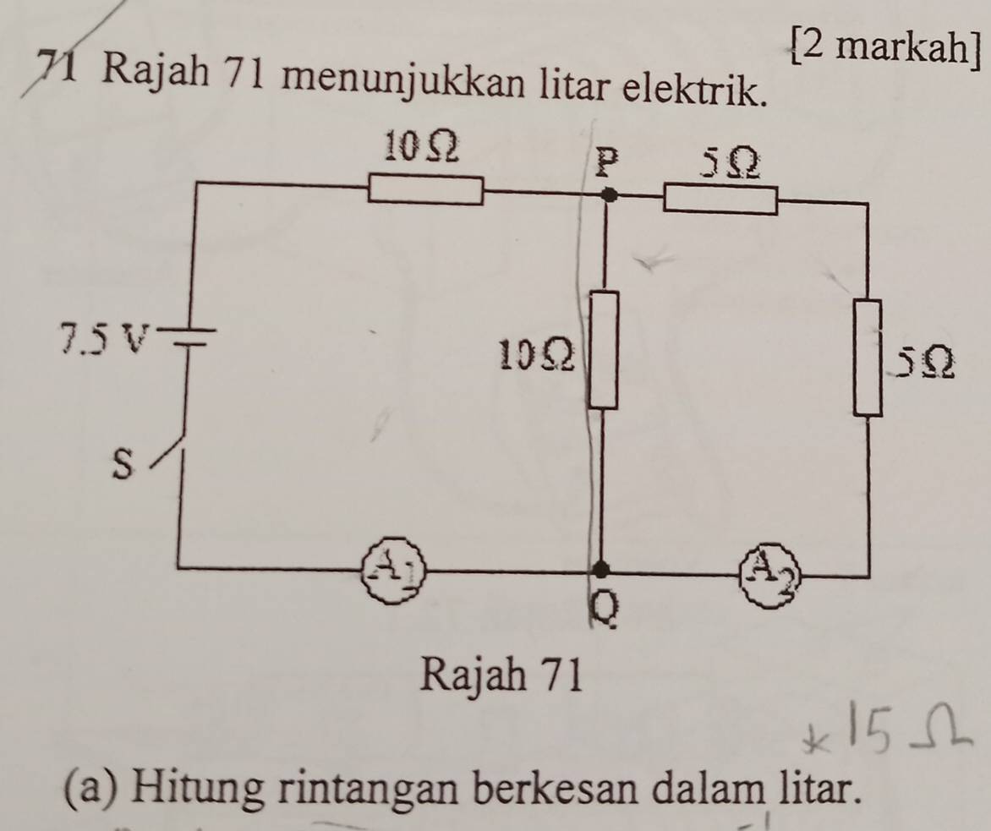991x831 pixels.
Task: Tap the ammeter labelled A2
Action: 769,575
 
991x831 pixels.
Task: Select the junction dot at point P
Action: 609,196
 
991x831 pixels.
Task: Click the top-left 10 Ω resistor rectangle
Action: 426,191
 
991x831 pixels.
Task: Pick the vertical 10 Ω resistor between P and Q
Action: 604,349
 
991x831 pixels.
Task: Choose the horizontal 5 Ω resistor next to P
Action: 720,200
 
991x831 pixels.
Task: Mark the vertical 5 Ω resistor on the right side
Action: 869,358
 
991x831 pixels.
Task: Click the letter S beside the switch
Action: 123,464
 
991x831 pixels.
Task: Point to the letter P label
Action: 605,164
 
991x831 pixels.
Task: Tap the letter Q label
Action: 603,610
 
